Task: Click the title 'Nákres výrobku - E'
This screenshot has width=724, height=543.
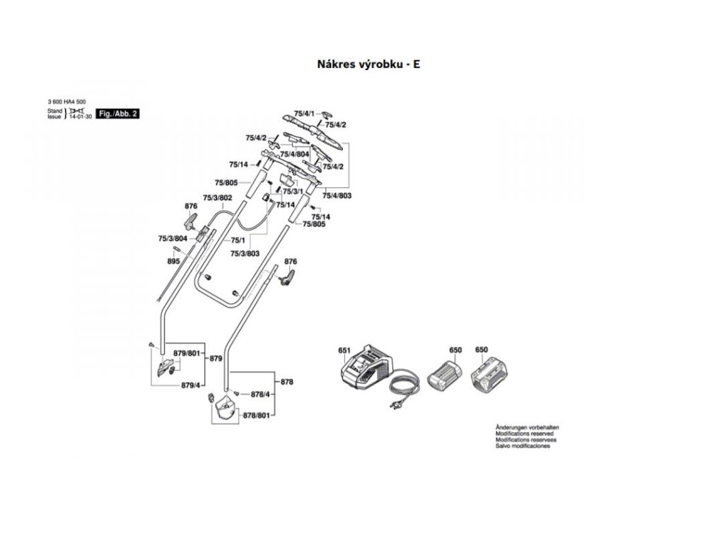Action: [368, 64]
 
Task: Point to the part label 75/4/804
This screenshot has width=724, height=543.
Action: [294, 154]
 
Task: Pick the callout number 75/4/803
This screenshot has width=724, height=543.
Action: [337, 194]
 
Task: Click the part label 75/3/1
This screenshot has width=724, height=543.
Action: [293, 192]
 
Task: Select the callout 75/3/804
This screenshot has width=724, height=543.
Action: [173, 240]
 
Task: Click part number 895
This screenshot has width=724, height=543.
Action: [173, 262]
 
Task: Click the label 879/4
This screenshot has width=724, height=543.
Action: [191, 385]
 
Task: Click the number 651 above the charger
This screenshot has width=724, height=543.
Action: [344, 350]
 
